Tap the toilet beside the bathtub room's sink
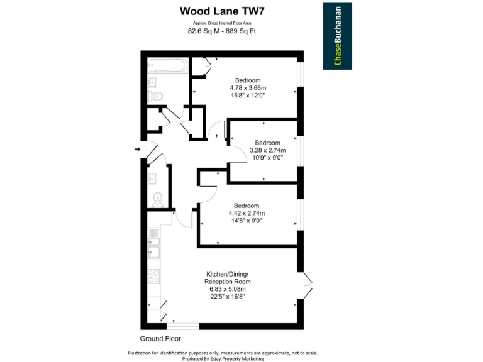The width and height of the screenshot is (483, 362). (x=155, y=96)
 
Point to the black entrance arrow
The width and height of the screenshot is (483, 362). (x=138, y=149)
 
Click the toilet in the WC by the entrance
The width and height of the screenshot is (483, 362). (x=158, y=199)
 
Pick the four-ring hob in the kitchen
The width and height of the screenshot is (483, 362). (x=153, y=274)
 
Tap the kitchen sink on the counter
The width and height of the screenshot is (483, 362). (x=153, y=252)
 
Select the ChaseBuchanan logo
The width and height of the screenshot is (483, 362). (x=338, y=35)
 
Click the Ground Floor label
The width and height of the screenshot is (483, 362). (x=160, y=338)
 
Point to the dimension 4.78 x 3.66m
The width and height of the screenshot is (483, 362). (x=248, y=88)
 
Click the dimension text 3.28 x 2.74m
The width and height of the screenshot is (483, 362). (x=267, y=150)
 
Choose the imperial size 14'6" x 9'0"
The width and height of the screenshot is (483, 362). (x=245, y=221)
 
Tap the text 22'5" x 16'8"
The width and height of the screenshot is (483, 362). (x=227, y=297)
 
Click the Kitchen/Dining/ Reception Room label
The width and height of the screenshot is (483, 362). (x=227, y=278)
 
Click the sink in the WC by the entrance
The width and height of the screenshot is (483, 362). (x=152, y=178)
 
